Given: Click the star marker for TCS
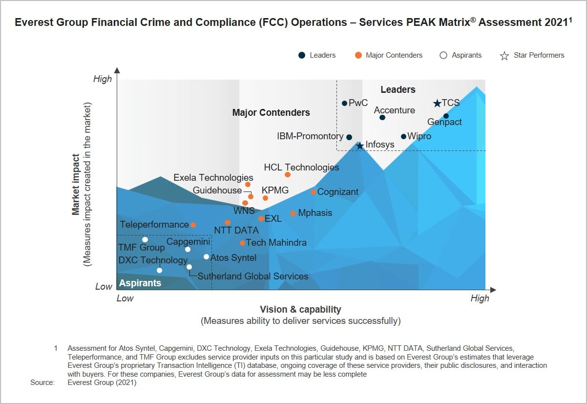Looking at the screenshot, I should (437, 104).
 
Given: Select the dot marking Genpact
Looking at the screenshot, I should (446, 116).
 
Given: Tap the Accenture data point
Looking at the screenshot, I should (382, 117).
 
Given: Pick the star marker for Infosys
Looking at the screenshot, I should (360, 146).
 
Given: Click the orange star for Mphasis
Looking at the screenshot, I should (293, 213).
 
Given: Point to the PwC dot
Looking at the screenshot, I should (344, 103).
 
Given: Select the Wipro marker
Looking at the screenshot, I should (403, 137).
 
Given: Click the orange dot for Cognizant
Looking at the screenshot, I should (313, 192).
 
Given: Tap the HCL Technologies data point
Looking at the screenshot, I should (288, 175).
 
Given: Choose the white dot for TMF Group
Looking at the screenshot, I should (145, 239).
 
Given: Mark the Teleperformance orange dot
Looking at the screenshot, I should (193, 225).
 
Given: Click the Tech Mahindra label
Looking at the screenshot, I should (276, 243).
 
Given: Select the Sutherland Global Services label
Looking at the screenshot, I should (253, 276).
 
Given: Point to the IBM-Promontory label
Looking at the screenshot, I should (310, 136).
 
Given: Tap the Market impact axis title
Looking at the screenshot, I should (76, 185).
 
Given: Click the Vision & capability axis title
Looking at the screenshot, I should (300, 309).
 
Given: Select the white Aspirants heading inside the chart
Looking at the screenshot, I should (140, 283).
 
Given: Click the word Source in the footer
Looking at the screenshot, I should (42, 383).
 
